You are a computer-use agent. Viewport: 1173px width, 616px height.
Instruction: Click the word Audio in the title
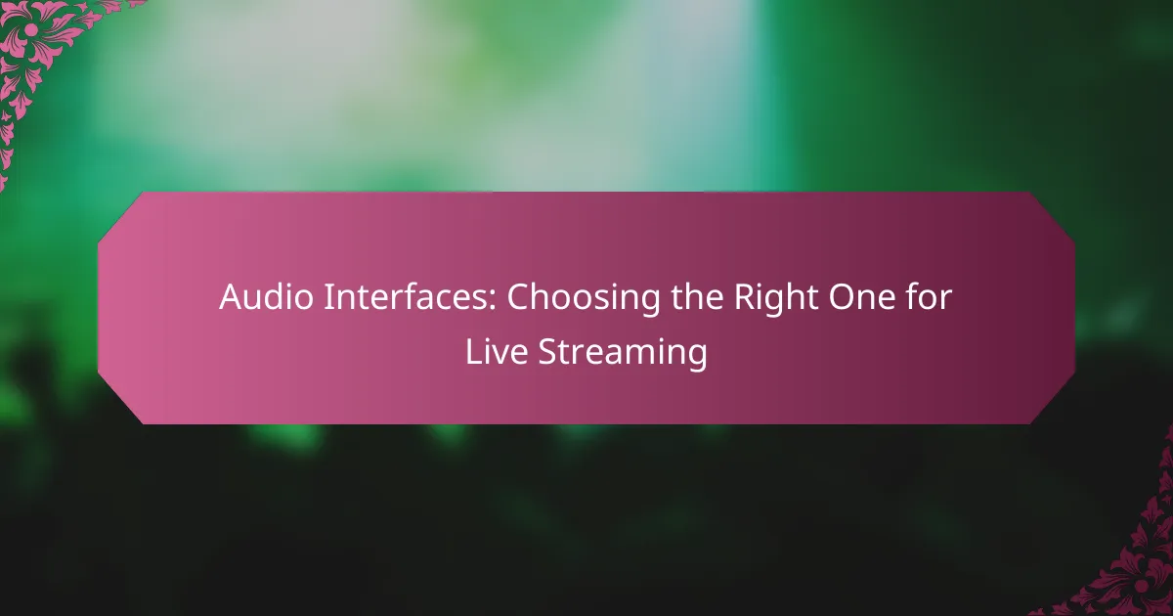coord(266,297)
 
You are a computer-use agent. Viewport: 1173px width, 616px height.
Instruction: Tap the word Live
coord(497,351)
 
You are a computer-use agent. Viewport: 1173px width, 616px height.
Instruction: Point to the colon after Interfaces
coord(493,302)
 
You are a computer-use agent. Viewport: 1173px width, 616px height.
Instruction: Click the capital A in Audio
coord(232,297)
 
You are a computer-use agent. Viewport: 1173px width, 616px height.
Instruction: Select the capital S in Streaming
coord(547,351)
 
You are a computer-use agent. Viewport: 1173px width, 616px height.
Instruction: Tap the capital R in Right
coord(745,297)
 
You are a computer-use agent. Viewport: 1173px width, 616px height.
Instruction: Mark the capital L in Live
coord(474,351)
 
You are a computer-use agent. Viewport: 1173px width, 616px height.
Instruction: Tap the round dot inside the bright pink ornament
coord(31,29)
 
